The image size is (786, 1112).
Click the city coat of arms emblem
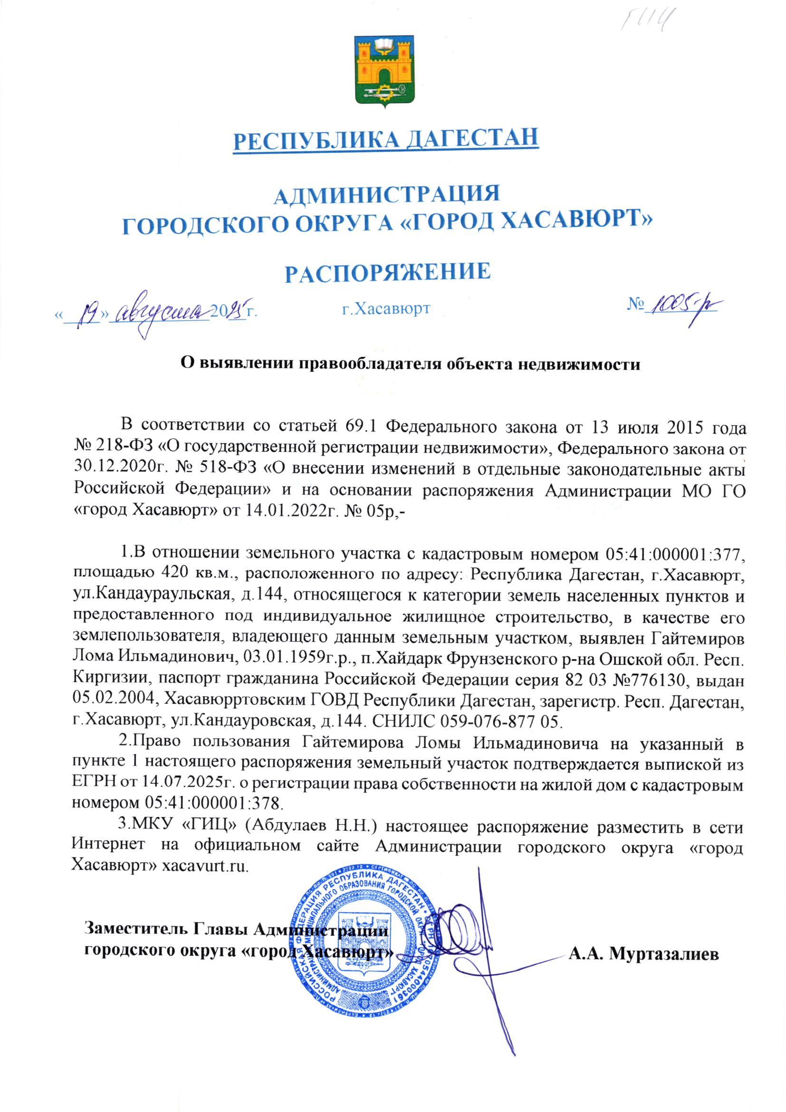[x=385, y=71]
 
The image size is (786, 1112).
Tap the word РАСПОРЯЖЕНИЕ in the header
[x=388, y=272]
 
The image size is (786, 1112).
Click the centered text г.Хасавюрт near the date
[x=386, y=308]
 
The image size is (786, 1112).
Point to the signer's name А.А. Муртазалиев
[x=644, y=954]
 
